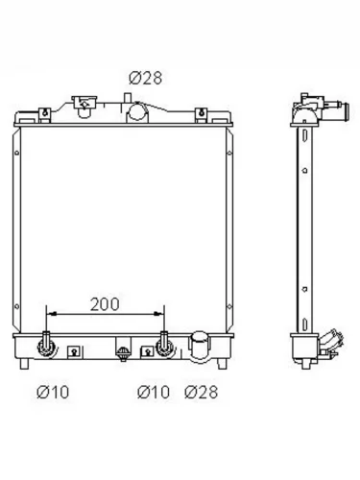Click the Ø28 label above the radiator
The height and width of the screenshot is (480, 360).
coord(146,78)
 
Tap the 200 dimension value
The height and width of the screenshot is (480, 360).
coord(105,304)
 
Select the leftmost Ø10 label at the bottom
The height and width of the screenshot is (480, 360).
coord(53,392)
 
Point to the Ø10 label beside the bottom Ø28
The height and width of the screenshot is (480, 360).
coord(154,392)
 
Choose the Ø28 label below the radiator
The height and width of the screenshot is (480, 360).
coord(202,392)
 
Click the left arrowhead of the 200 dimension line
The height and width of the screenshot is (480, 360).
coord(52,314)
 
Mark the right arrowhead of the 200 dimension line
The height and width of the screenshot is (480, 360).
coord(159,314)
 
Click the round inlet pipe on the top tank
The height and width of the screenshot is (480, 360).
coord(137,111)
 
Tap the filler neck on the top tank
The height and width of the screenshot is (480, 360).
coord(84,106)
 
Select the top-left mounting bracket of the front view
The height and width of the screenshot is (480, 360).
coord(45,115)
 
